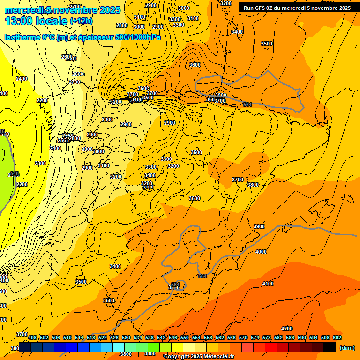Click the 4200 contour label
pyautogui.click(x=286, y=329)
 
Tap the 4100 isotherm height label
pyautogui.click(x=268, y=284)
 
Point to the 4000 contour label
pyautogui.click(x=261, y=252)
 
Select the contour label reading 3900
pyautogui.click(x=259, y=226)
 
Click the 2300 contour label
pyautogui.click(x=40, y=163)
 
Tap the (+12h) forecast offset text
pyautogui.click(x=81, y=21)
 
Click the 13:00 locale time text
pyautogui.click(x=36, y=21)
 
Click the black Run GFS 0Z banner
pyautogui.click(x=297, y=7)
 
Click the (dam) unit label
pyautogui.click(x=347, y=347)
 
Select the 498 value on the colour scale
pyautogui.click(x=32, y=337)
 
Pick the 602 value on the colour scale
pyautogui.click(x=337, y=337)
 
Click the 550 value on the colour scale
pyautogui.click(x=184, y=337)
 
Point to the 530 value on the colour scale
pyautogui.click(x=126, y=337)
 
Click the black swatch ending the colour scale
pyautogui.click(x=329, y=347)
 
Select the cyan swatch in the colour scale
pyautogui.click(x=118, y=347)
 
